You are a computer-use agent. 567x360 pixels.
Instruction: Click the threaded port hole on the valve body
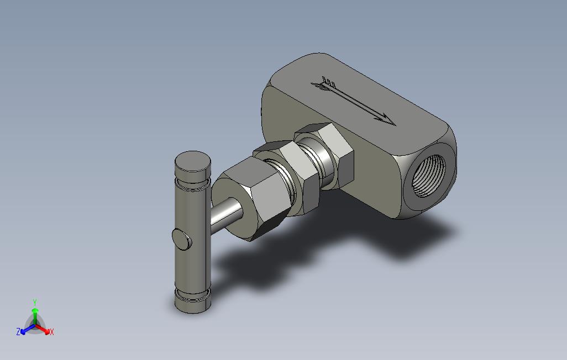tap(429, 176)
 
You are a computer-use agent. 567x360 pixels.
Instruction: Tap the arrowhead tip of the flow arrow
tap(396, 125)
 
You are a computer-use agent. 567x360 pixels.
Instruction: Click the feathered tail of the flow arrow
tap(324, 84)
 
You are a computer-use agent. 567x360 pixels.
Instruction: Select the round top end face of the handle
tap(192, 161)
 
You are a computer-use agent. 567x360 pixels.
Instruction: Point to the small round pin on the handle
tap(181, 239)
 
